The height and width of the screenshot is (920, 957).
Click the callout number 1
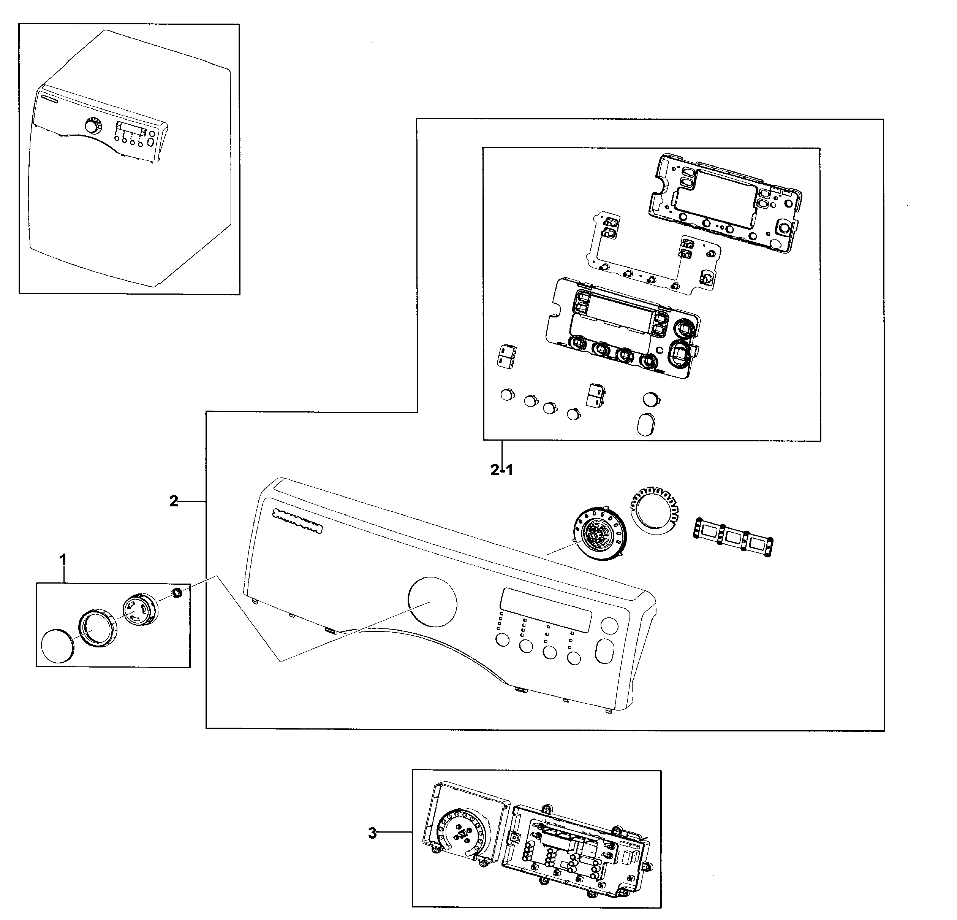tap(63, 559)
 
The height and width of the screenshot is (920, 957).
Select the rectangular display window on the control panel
tap(546, 610)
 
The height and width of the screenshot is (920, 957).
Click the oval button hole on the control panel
tap(604, 651)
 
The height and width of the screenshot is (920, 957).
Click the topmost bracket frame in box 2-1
tap(726, 202)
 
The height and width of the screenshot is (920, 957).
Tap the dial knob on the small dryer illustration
tap(91, 126)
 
